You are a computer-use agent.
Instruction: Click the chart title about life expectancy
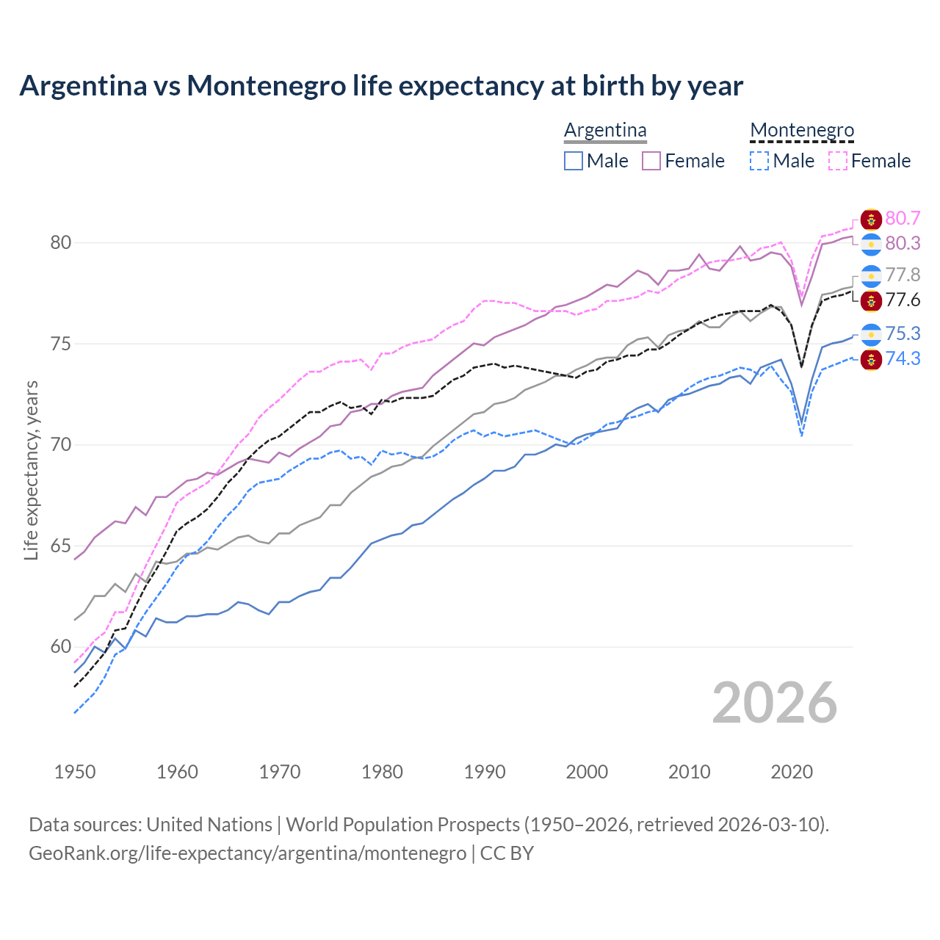click(381, 86)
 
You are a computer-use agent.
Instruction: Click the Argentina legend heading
click(605, 130)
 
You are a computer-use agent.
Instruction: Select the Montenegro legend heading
click(802, 130)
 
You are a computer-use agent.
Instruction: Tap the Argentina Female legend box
click(651, 161)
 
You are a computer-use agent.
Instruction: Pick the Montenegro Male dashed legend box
click(759, 161)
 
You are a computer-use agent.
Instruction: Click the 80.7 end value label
click(903, 219)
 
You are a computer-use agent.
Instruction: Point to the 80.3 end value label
click(903, 243)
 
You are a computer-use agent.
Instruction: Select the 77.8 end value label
click(903, 275)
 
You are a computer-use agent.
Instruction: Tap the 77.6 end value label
click(903, 300)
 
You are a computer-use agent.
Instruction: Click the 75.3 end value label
click(903, 333)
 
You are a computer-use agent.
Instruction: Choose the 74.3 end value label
click(903, 358)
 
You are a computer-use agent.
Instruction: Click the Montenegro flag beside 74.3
click(871, 360)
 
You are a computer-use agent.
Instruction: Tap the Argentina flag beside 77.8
click(871, 276)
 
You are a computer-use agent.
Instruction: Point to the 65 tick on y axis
click(60, 546)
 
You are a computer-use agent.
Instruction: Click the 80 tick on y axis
click(60, 242)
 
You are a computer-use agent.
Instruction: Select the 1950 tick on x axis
click(75, 772)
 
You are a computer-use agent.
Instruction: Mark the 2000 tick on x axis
click(587, 772)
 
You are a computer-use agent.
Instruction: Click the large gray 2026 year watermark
click(774, 703)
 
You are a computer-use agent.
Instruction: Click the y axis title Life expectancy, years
click(31, 470)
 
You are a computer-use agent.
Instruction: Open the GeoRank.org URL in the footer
click(247, 853)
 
